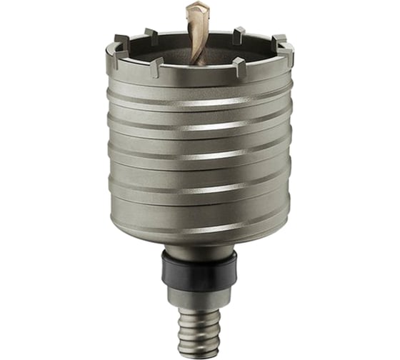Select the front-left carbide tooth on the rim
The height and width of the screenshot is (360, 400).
click(x=154, y=68)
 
